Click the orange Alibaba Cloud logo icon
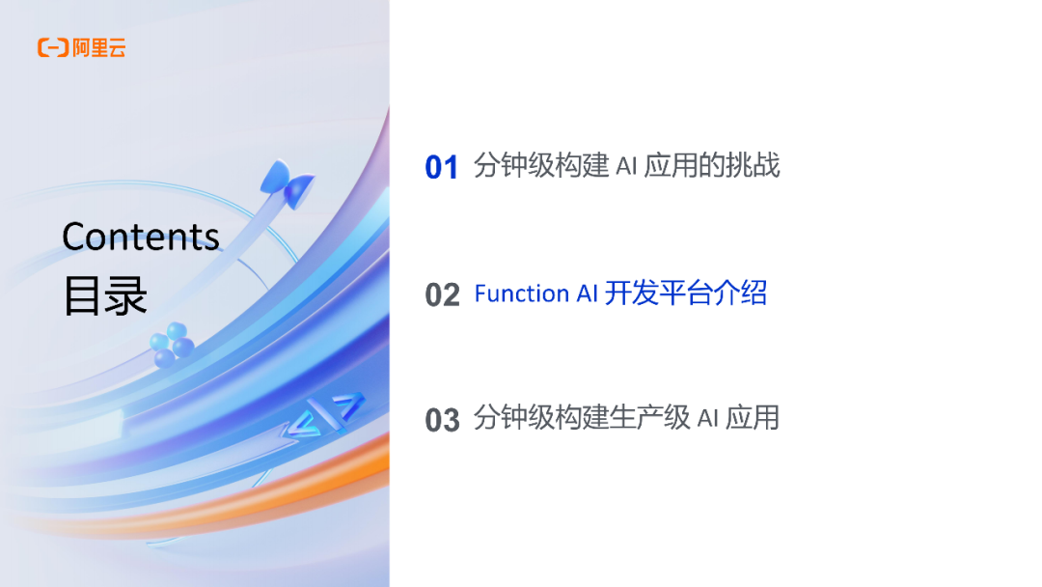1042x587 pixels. point(52,47)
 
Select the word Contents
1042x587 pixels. point(141,237)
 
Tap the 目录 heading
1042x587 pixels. point(105,296)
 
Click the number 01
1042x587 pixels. point(442,168)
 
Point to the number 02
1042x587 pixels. point(442,294)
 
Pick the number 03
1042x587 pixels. point(442,420)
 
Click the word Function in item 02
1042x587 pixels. point(522,293)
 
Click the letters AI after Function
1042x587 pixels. point(588,293)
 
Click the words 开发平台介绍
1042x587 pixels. point(686,293)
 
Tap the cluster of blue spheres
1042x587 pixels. point(172,344)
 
